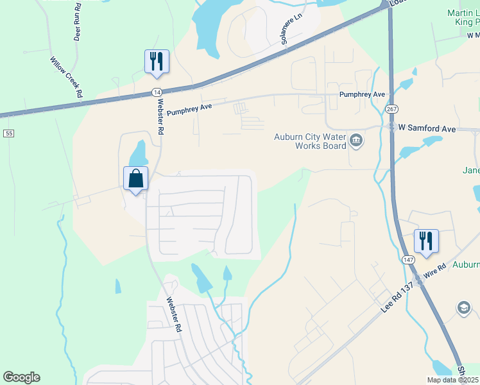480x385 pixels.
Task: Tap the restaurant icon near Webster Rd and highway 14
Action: pyautogui.click(x=157, y=62)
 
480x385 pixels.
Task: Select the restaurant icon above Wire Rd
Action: pyautogui.click(x=426, y=241)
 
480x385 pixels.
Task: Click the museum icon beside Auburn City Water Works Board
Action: pyautogui.click(x=356, y=140)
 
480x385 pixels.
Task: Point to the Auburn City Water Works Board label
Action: pyautogui.click(x=311, y=141)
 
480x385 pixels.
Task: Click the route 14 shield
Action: pyautogui.click(x=157, y=92)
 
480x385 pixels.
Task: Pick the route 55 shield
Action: pyautogui.click(x=8, y=133)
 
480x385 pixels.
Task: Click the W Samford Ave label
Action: pyautogui.click(x=427, y=128)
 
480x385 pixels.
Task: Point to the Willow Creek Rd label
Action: pyautogui.click(x=67, y=77)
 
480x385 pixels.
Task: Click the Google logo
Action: pyautogui.click(x=21, y=377)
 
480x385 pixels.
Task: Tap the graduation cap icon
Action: pyautogui.click(x=463, y=309)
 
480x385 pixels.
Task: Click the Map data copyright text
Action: pyautogui.click(x=452, y=380)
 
